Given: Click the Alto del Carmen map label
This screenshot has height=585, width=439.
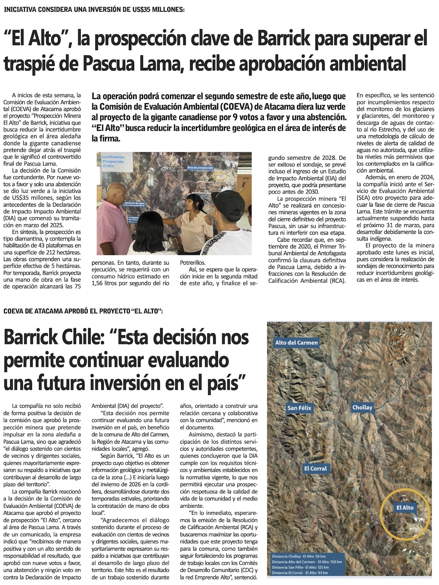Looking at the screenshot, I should click(x=296, y=342).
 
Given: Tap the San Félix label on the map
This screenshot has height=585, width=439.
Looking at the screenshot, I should click(x=299, y=408).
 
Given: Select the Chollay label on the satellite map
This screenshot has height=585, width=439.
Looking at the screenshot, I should click(x=362, y=407).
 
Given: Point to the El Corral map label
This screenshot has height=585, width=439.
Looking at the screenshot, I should click(x=315, y=468).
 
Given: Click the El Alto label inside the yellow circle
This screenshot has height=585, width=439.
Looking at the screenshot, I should click(x=405, y=507).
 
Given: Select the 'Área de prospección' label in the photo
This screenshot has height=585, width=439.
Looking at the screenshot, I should click(x=200, y=167).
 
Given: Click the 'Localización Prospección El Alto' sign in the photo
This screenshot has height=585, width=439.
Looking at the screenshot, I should click(x=113, y=161).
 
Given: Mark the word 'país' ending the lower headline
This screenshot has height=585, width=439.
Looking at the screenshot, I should click(x=224, y=383).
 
